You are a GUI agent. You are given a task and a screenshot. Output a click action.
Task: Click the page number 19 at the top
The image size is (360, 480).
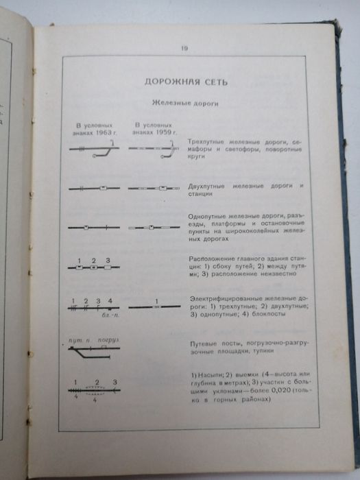tap(184, 48)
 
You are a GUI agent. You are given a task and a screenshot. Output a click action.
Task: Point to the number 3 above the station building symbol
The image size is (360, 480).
tap(110, 259)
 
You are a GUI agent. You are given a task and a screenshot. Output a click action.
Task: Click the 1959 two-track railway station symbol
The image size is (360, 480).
tap(163, 187)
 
